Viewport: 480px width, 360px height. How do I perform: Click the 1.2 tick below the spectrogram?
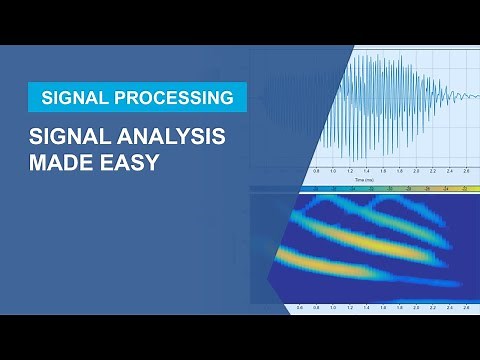tap(350, 308)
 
